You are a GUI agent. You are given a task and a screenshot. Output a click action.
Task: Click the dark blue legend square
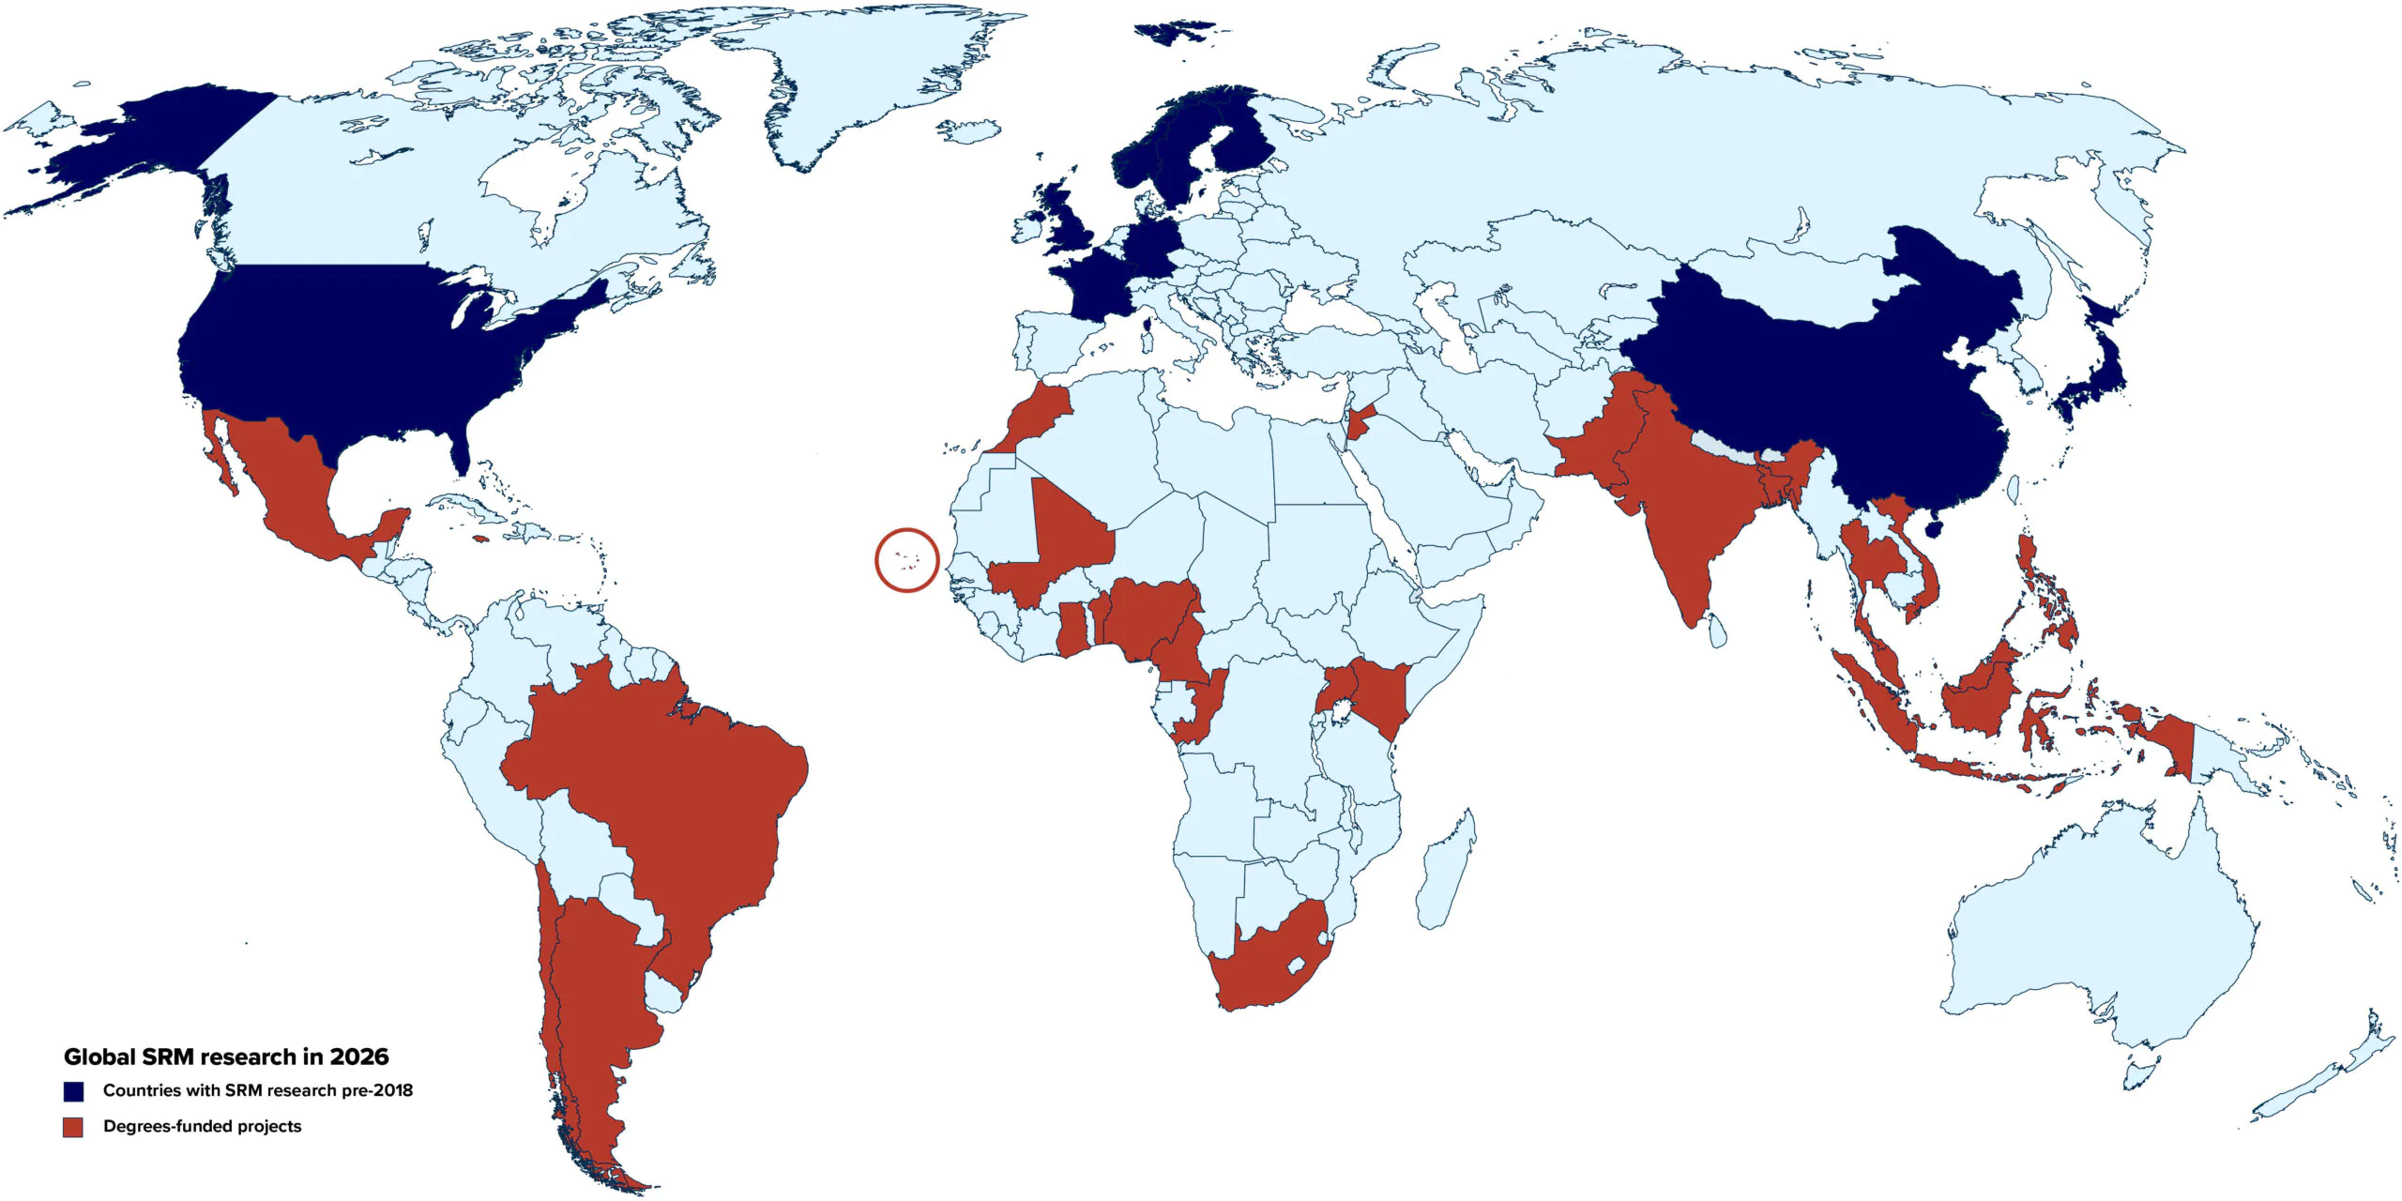coord(73,1091)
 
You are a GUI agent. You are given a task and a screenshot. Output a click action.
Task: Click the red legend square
coord(73,1127)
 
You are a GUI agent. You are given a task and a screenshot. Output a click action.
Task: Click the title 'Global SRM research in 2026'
coord(226,1057)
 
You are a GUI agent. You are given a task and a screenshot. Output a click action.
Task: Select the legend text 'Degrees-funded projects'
coord(202,1126)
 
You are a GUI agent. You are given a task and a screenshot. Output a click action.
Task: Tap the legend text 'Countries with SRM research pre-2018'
coord(257,1090)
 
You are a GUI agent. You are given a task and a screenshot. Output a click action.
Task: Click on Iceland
coord(967,130)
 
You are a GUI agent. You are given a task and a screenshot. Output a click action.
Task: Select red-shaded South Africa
coord(1267,966)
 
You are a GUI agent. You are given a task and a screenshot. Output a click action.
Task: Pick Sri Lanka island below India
coord(1717,630)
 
